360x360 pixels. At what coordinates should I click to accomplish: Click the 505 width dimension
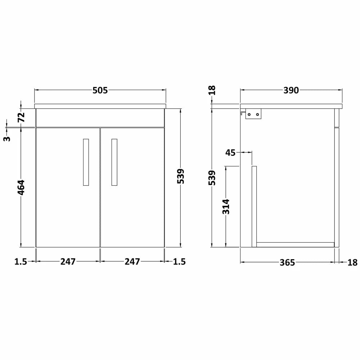pyautogui.click(x=100, y=90)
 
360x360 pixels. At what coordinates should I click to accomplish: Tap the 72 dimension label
pyautogui.click(x=21, y=117)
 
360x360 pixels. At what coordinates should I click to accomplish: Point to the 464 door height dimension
pyautogui.click(x=21, y=187)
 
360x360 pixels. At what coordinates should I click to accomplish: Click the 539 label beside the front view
pyautogui.click(x=181, y=176)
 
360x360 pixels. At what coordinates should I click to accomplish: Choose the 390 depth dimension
pyautogui.click(x=291, y=90)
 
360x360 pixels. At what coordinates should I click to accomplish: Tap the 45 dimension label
pyautogui.click(x=230, y=153)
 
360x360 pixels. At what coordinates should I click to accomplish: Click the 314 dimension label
pyautogui.click(x=226, y=206)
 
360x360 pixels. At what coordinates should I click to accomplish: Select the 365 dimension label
pyautogui.click(x=287, y=263)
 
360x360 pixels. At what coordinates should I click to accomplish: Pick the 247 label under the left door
pyautogui.click(x=68, y=262)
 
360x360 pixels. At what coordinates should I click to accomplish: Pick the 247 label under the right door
pyautogui.click(x=132, y=262)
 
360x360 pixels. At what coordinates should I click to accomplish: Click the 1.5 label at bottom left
pyautogui.click(x=21, y=262)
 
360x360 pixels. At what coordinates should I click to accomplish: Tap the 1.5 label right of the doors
pyautogui.click(x=179, y=262)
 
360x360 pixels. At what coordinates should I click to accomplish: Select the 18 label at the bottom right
pyautogui.click(x=353, y=263)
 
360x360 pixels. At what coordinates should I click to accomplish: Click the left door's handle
pyautogui.click(x=86, y=162)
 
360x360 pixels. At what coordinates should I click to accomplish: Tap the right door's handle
pyautogui.click(x=114, y=162)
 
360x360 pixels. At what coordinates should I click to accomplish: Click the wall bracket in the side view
pyautogui.click(x=253, y=114)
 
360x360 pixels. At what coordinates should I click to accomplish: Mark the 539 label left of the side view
pyautogui.click(x=212, y=178)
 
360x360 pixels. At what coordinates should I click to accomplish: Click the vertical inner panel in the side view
pyautogui.click(x=254, y=206)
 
